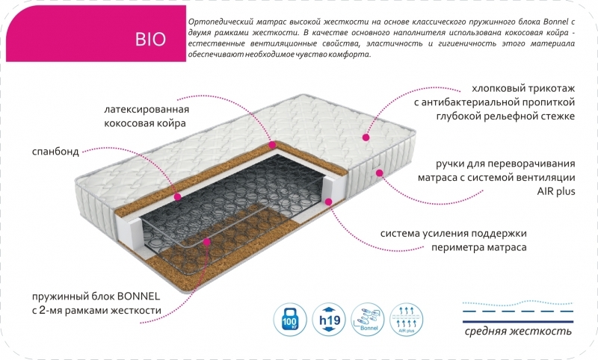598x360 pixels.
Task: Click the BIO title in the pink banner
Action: tap(147, 38)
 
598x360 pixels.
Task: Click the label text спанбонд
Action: tap(55, 151)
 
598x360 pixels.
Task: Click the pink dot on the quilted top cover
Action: tap(366, 137)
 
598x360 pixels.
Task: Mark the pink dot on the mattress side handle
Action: tap(380, 173)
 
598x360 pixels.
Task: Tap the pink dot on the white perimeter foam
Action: tap(330, 200)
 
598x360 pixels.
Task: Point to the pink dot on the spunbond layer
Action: tap(177, 197)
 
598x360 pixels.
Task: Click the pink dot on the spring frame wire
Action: tap(209, 243)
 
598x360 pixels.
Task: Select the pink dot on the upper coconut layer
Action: tap(273, 145)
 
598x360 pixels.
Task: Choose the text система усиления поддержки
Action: tap(454, 233)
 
